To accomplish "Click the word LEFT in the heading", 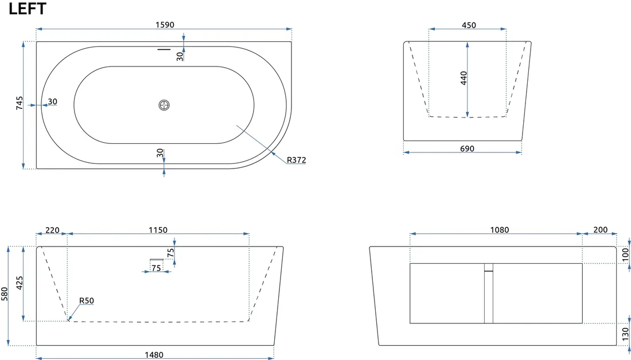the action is [x=28, y=9].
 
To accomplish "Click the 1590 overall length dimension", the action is [x=165, y=25].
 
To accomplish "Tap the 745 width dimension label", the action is [x=20, y=103].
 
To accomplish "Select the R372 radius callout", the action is [x=297, y=160].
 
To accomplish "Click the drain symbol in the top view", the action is [x=164, y=105].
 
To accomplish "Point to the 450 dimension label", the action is [x=469, y=25].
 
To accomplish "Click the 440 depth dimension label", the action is [x=463, y=78].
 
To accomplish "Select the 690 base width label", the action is [x=467, y=149].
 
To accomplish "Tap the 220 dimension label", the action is [x=52, y=230].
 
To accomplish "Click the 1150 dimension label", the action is [x=158, y=230].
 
